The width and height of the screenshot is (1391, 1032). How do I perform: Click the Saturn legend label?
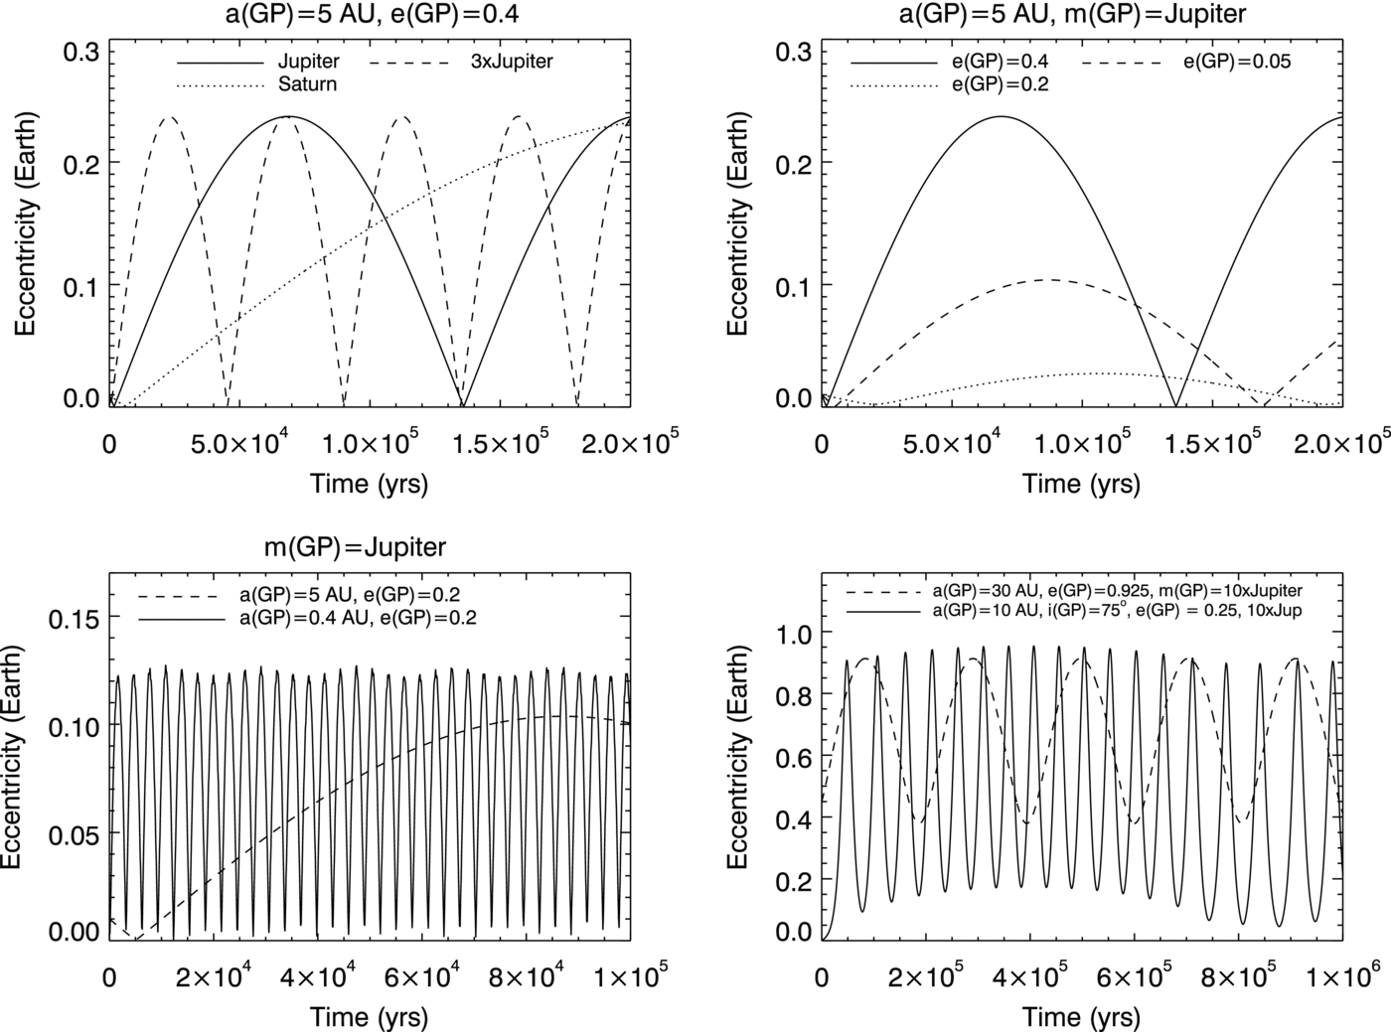pos(307,84)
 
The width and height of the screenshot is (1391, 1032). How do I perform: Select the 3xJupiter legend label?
pos(512,62)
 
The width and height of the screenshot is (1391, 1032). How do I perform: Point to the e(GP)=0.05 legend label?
pos(1236,62)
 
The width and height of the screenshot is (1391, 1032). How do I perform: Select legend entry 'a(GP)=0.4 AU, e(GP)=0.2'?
pos(359,618)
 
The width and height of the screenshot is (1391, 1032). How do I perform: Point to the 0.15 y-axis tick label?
pos(76,618)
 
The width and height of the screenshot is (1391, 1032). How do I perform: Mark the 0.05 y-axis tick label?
pos(76,833)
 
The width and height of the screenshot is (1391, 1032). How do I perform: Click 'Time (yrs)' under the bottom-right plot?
pos(1081,1017)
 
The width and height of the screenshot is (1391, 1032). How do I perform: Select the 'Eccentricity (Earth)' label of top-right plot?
pos(736,224)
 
